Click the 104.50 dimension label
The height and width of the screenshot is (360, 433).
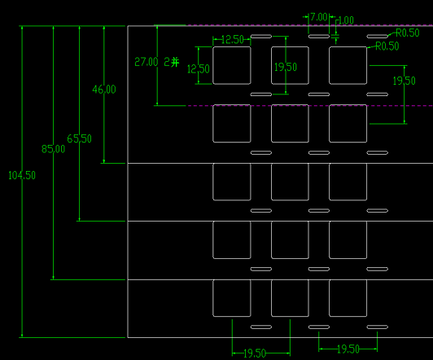(x=22, y=175)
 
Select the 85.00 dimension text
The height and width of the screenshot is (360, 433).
(x=53, y=149)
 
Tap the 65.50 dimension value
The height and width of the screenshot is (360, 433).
(x=79, y=138)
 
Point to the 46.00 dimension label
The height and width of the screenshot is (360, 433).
(x=104, y=90)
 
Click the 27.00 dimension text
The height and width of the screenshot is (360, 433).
(x=147, y=62)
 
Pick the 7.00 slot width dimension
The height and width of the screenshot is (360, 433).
(x=319, y=17)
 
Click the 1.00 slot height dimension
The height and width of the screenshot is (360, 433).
(x=346, y=20)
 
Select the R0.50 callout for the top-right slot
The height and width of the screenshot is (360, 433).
(x=408, y=33)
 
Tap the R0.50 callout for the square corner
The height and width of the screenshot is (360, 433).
(x=387, y=46)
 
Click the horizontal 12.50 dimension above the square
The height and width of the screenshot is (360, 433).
(x=233, y=40)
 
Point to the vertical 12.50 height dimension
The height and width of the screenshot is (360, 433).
(x=199, y=68)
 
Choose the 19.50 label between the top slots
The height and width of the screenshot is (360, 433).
(x=286, y=67)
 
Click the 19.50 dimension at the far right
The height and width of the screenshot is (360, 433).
(x=405, y=81)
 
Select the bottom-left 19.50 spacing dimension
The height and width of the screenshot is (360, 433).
(x=255, y=353)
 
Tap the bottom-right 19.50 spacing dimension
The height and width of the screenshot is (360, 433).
(x=348, y=349)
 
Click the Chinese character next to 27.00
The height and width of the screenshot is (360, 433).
(x=175, y=62)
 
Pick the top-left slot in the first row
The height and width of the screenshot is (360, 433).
(x=261, y=36)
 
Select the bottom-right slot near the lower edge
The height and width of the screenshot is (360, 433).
(x=377, y=327)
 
